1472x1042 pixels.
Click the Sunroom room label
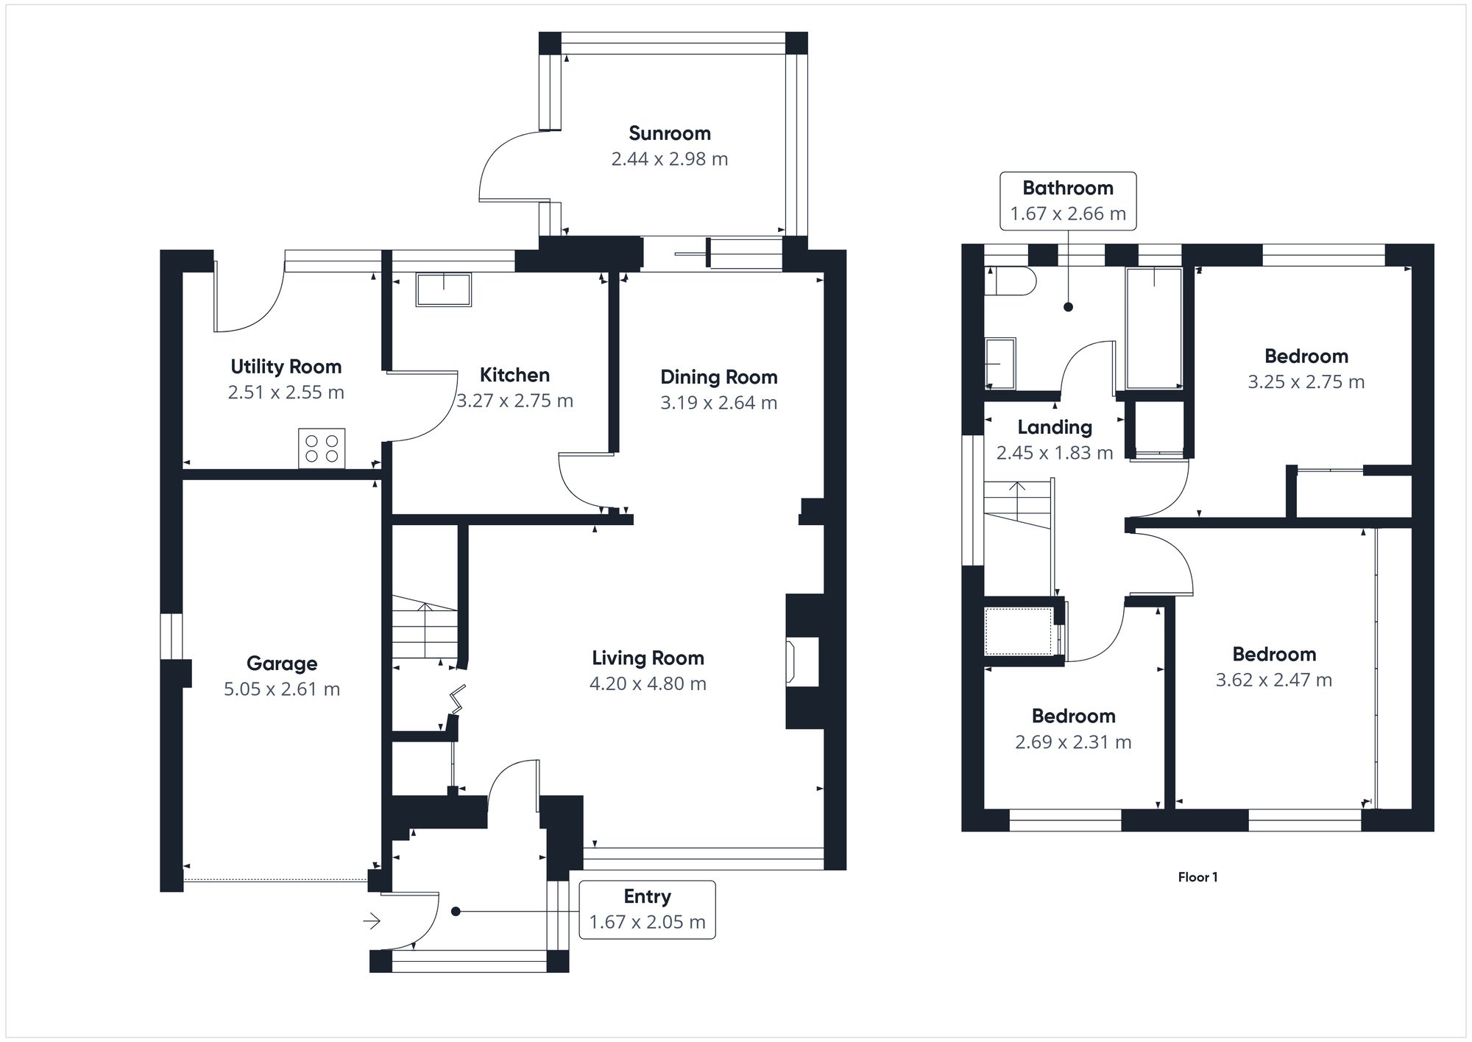pyautogui.click(x=670, y=133)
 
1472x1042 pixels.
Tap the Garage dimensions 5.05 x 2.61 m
pyautogui.click(x=282, y=689)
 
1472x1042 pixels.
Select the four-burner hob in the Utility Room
pyautogui.click(x=322, y=448)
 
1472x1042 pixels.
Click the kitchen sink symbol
pyautogui.click(x=443, y=289)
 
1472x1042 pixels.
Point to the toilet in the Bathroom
pyautogui.click(x=1010, y=281)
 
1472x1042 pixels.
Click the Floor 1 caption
pyautogui.click(x=1197, y=877)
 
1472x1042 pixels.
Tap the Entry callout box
pyautogui.click(x=647, y=909)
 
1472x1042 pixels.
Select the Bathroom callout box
pyautogui.click(x=1068, y=200)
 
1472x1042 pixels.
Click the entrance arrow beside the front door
pyautogui.click(x=372, y=920)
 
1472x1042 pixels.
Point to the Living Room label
pyautogui.click(x=648, y=658)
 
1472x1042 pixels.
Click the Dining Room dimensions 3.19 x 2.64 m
pyautogui.click(x=718, y=403)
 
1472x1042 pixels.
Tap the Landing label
pyautogui.click(x=1055, y=427)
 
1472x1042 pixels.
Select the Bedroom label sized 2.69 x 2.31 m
pyautogui.click(x=1073, y=716)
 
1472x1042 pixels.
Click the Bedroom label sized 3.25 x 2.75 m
pyautogui.click(x=1306, y=356)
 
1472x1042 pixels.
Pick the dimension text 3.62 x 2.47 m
pyautogui.click(x=1274, y=680)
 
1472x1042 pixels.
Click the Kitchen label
pyautogui.click(x=514, y=375)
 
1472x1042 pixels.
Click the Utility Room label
pyautogui.click(x=286, y=367)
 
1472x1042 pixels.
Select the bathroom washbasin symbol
pyautogui.click(x=1000, y=363)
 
